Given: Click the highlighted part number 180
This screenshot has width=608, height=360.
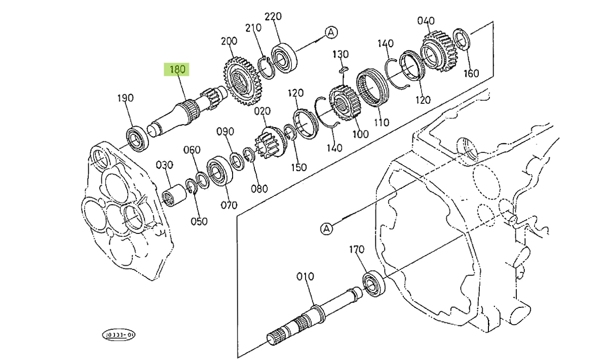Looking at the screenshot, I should click(x=176, y=69).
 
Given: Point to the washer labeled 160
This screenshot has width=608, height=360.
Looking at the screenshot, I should click(x=462, y=40).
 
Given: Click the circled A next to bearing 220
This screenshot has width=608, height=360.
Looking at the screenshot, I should click(x=331, y=33).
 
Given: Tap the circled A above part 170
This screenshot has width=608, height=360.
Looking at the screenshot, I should click(x=327, y=229).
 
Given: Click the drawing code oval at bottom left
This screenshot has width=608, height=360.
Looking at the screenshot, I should click(x=119, y=335).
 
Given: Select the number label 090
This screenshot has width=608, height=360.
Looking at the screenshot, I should click(x=225, y=132).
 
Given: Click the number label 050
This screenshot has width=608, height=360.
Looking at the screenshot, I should click(x=198, y=221).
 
